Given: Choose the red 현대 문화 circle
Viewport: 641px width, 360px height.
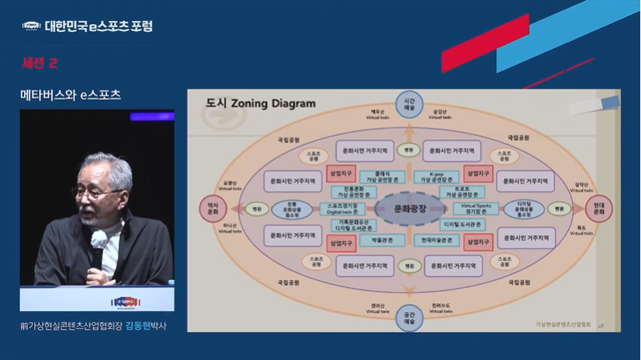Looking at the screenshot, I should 598,209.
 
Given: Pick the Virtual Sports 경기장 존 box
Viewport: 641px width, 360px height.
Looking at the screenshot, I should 475,209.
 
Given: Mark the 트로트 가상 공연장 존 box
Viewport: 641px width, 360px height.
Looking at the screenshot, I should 462,192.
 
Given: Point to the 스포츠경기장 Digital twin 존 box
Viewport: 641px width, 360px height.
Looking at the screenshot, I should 341,209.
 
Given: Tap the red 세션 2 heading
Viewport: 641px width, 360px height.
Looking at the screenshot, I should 40,63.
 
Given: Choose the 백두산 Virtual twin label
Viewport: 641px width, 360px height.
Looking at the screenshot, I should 378,115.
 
